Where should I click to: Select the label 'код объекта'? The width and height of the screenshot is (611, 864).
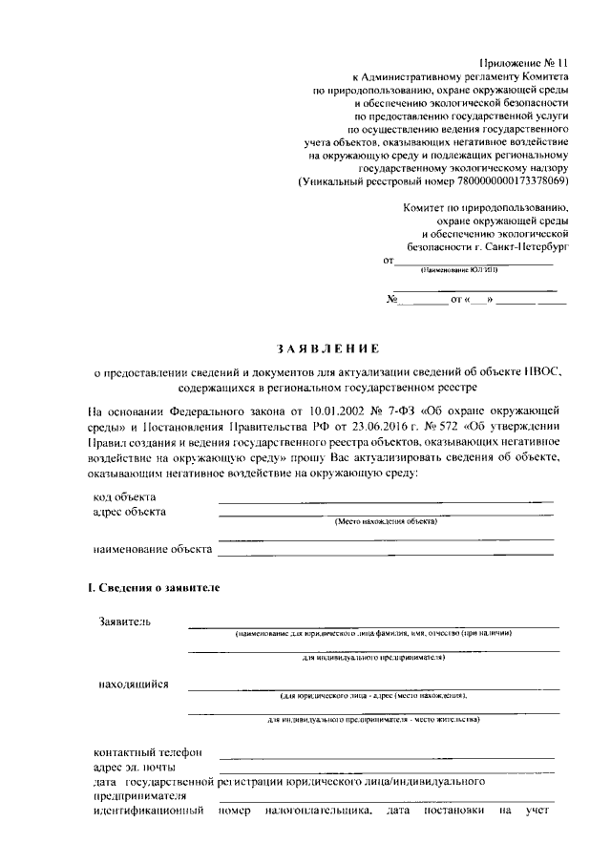[125, 497]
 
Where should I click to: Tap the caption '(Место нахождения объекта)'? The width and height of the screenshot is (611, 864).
[386, 522]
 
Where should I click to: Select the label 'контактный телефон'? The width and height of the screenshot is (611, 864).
[147, 752]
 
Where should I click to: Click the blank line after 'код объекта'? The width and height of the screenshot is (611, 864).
[385, 501]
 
